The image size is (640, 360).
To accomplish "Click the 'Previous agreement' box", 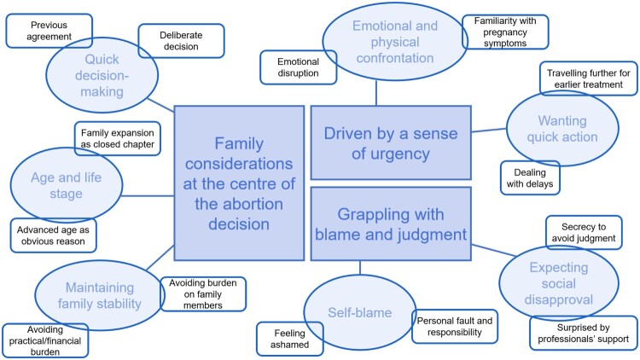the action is coord(49,31).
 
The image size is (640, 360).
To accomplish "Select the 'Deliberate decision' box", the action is coord(181,41).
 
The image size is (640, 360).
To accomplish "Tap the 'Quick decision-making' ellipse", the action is coord(102,75).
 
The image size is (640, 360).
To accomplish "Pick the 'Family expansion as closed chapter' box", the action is coord(118,138).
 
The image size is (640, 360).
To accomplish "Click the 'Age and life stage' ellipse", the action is coord(66,185).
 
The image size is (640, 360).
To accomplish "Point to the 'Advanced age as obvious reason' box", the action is coord(53,235).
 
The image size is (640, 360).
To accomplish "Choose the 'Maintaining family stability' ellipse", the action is coord(100,295).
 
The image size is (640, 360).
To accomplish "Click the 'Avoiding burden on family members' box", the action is coord(203,293).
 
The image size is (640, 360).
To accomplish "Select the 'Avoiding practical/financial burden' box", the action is coord(45,340).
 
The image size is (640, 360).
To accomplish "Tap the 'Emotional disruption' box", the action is coord(299,67).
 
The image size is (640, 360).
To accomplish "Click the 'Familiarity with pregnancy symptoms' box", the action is coord(505,32).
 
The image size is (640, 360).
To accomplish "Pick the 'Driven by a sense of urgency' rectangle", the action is coord(391,142).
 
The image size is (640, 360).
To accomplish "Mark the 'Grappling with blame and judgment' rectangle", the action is coord(391,224).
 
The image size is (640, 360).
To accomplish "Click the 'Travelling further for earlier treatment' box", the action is coord(589,78).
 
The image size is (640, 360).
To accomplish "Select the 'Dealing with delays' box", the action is coord(530,178).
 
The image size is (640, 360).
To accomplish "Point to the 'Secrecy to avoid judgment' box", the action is coord(584,232).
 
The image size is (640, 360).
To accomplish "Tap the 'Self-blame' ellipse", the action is coord(360,312).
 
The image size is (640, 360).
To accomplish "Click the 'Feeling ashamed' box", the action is coord(290,339).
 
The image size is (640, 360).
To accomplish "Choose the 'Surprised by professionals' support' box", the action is coord(584,333).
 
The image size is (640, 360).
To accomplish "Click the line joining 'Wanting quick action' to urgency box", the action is coord(489,131).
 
